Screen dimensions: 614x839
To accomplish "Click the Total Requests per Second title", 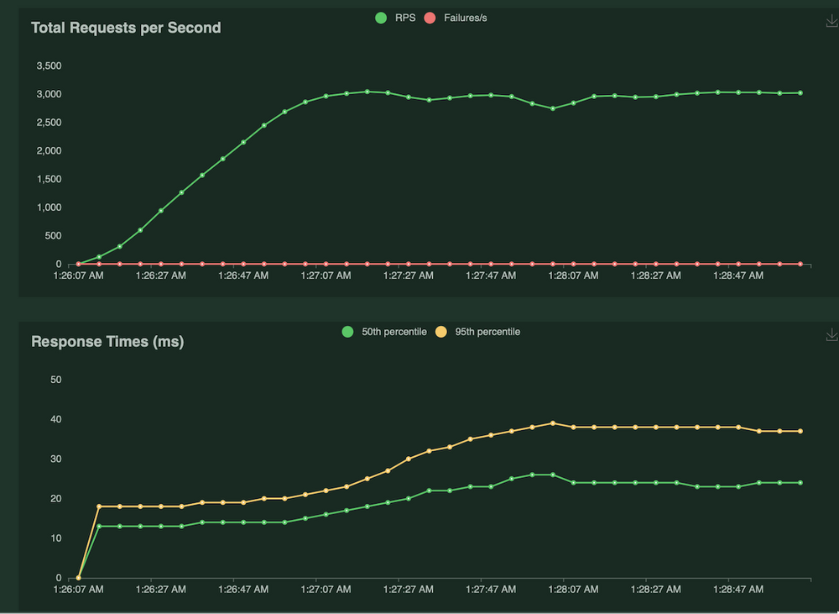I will [x=126, y=28].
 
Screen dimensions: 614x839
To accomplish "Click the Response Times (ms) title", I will [x=107, y=342].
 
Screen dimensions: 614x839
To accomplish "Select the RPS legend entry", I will [x=396, y=18].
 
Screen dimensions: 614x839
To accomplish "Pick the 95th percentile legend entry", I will [x=477, y=332].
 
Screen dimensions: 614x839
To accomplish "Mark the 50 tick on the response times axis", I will [x=57, y=380].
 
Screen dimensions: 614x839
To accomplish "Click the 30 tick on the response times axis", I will [x=57, y=459].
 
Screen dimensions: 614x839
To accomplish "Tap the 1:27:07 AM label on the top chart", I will [x=326, y=275].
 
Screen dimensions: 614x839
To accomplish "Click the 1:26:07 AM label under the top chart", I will [x=78, y=275].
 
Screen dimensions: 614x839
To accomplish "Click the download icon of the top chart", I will [x=831, y=22].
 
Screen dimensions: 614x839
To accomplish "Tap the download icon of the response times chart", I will [x=831, y=334].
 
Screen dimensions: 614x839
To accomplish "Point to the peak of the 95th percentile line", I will [x=552, y=423].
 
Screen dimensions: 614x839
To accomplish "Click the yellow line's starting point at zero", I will [x=79, y=578].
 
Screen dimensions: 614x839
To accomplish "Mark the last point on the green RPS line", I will [x=800, y=93].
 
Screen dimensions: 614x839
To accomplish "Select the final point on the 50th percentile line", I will [x=800, y=483].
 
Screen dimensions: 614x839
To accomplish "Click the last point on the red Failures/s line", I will [x=800, y=264].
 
